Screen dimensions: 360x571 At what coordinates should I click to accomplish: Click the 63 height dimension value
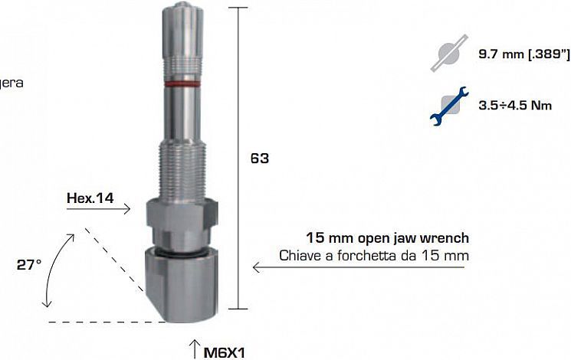(x=259, y=159)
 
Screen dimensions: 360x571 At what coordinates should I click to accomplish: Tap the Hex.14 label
(x=90, y=198)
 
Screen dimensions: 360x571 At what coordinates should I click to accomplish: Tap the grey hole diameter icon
(x=448, y=56)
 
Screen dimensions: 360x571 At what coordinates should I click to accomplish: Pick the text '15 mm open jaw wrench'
(x=387, y=238)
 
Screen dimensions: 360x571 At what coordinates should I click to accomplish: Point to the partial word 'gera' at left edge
(x=11, y=82)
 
